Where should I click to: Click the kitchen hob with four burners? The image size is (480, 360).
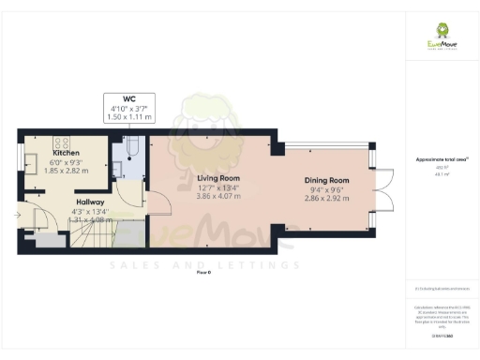point(66,142)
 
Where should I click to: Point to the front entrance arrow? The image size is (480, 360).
point(20,215)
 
